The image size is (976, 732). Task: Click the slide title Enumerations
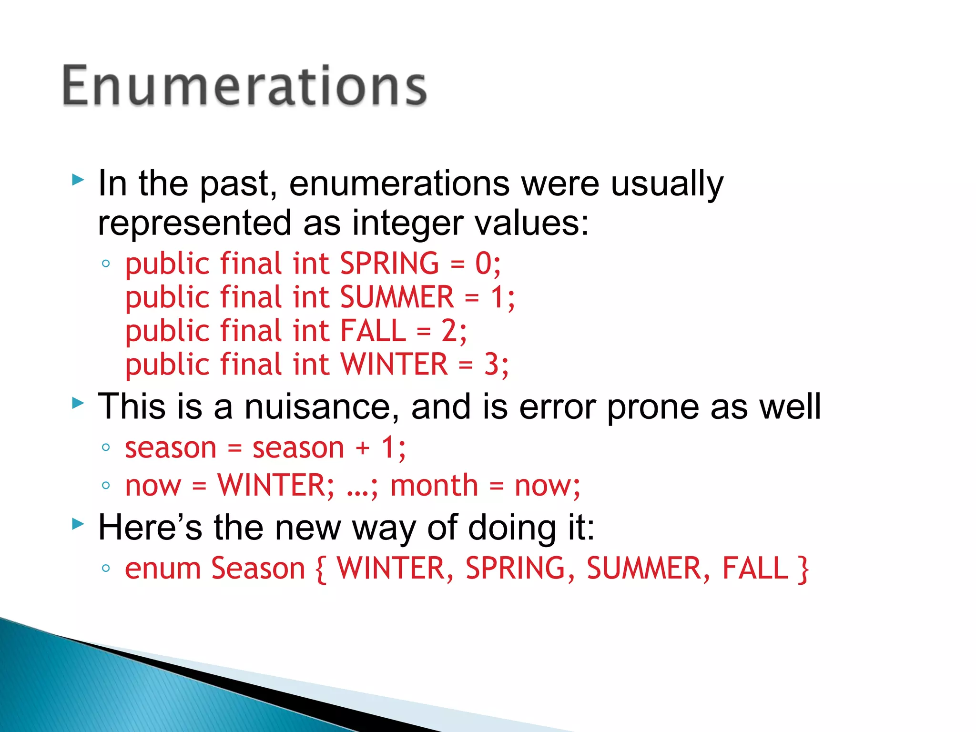click(x=244, y=86)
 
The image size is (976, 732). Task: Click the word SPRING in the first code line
click(x=389, y=264)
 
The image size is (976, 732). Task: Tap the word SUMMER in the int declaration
click(x=397, y=297)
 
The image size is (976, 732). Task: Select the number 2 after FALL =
click(x=449, y=331)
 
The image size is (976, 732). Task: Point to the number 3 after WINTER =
click(x=491, y=365)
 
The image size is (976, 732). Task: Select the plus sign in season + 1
click(x=363, y=448)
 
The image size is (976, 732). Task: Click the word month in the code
click(x=434, y=486)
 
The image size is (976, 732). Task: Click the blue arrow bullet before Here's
click(x=78, y=525)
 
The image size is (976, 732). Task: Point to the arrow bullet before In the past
click(x=78, y=180)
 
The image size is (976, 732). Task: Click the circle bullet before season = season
click(x=106, y=447)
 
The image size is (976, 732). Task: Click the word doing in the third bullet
click(x=512, y=528)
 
